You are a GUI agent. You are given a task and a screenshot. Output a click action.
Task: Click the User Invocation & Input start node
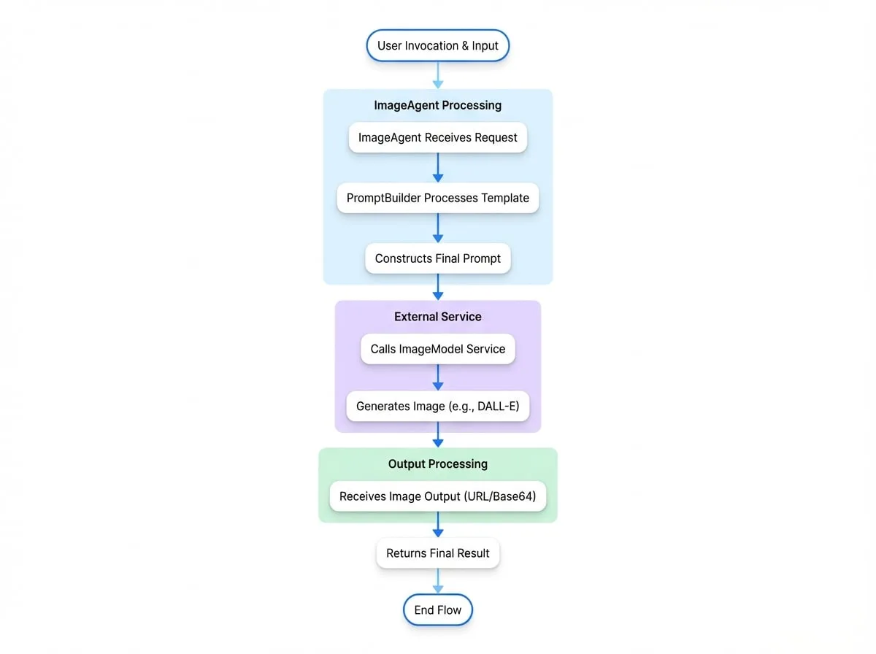(438, 45)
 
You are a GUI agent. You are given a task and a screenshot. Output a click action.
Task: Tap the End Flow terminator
(438, 609)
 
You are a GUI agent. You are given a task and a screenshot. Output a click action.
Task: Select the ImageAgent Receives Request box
(438, 137)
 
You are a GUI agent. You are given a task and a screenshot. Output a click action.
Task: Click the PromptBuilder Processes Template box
(438, 198)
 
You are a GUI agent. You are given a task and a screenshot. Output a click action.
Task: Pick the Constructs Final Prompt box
(438, 258)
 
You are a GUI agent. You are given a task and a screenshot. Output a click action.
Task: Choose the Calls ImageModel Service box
(438, 349)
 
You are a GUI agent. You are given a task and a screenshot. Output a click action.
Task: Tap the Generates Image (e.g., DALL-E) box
(438, 407)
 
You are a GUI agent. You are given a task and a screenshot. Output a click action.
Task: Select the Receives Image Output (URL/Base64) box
(438, 496)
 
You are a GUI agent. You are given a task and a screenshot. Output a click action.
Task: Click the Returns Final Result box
(438, 553)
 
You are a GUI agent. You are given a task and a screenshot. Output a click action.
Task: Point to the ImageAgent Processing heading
(438, 105)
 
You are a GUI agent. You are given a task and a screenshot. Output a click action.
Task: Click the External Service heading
(438, 317)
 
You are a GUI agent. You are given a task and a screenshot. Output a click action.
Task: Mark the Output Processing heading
(438, 464)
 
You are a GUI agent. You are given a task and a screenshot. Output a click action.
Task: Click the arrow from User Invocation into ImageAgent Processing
(438, 75)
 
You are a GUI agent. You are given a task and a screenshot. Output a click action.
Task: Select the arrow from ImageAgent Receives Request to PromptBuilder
(438, 168)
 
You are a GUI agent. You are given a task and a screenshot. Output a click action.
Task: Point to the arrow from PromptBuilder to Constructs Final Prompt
(438, 228)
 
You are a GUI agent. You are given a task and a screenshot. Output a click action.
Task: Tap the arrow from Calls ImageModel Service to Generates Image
(438, 377)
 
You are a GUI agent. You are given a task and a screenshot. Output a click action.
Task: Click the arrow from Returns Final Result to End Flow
(438, 581)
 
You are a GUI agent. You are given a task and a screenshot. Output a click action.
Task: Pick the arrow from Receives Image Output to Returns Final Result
(438, 525)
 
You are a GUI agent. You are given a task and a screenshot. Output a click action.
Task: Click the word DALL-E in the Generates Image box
(496, 407)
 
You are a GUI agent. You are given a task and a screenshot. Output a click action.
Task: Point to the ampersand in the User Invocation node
(465, 45)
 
